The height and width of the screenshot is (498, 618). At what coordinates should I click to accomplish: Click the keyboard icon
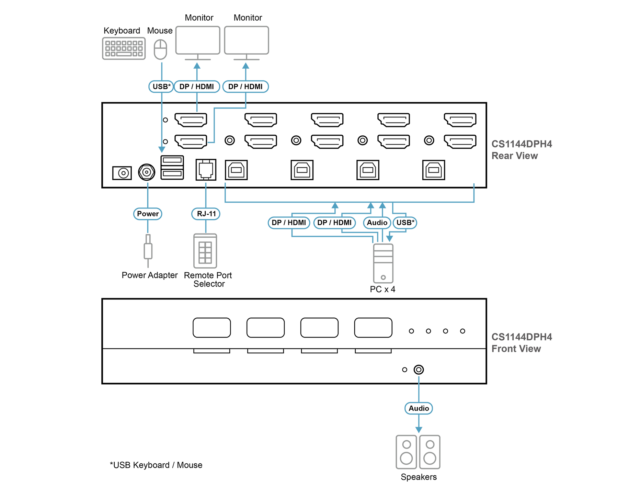pos(124,48)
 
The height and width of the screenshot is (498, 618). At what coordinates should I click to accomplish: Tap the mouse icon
pos(160,49)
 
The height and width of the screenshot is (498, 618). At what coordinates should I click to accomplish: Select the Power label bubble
pos(148,214)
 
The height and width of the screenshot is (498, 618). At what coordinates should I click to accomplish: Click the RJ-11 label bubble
pos(206,214)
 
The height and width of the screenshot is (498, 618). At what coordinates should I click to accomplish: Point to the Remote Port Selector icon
pos(205,251)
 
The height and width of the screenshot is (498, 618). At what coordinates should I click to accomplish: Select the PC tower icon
pos(383,263)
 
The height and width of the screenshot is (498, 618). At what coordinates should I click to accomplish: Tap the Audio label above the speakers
pos(419,408)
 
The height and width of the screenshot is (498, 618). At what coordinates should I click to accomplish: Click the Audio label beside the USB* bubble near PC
pos(377,223)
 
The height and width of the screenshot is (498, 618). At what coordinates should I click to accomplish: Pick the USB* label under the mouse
pos(161,87)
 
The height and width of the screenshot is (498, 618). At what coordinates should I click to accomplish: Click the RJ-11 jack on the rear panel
pos(206,170)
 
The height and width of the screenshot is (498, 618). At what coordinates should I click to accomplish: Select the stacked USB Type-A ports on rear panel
pos(172,167)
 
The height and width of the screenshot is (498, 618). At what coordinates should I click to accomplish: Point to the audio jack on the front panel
pos(419,370)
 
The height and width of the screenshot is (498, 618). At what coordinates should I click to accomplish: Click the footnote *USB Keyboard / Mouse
pos(156,465)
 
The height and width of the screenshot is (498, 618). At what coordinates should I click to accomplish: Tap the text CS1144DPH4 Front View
pos(522,343)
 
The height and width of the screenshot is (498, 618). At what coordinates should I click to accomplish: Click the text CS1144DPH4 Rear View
pos(522,150)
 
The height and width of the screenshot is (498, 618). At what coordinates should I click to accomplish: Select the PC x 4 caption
pos(382,289)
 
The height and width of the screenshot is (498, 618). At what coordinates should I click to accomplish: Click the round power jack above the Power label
pos(147,172)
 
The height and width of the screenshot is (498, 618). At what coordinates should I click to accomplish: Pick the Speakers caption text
pos(419,477)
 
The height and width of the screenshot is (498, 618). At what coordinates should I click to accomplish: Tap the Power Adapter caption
pos(150,275)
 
